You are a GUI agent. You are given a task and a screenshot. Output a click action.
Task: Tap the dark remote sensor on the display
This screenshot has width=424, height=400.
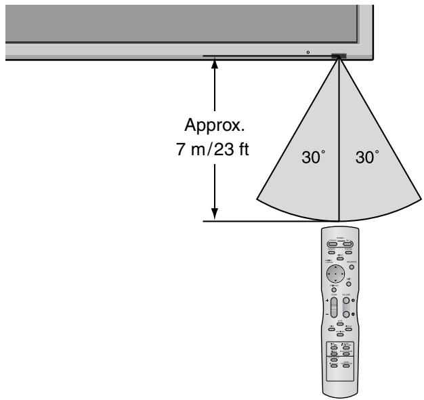tap(338, 56)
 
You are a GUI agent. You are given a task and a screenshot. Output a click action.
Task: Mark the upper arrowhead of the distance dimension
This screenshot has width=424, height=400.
tap(215, 64)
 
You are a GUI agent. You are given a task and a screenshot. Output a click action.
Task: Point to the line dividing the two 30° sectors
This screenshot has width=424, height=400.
tap(338, 136)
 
